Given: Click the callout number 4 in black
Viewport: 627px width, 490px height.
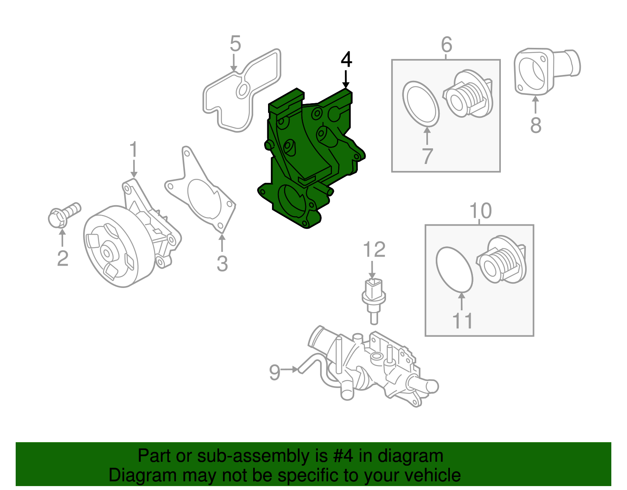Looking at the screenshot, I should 346,60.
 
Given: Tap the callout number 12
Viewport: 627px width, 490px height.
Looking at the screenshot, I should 374,250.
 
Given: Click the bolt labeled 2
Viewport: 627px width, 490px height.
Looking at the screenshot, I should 63,215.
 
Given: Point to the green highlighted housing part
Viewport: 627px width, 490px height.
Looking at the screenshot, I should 310,157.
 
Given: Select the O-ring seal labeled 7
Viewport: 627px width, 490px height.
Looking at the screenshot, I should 421,104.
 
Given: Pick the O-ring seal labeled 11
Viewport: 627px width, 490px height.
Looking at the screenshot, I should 454,270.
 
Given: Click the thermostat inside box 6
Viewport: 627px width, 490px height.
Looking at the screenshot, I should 468,94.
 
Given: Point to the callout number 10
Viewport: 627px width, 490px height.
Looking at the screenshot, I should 480,211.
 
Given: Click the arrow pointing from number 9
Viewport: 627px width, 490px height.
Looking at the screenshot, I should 290,370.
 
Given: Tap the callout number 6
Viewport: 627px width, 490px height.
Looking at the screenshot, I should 446,45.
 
